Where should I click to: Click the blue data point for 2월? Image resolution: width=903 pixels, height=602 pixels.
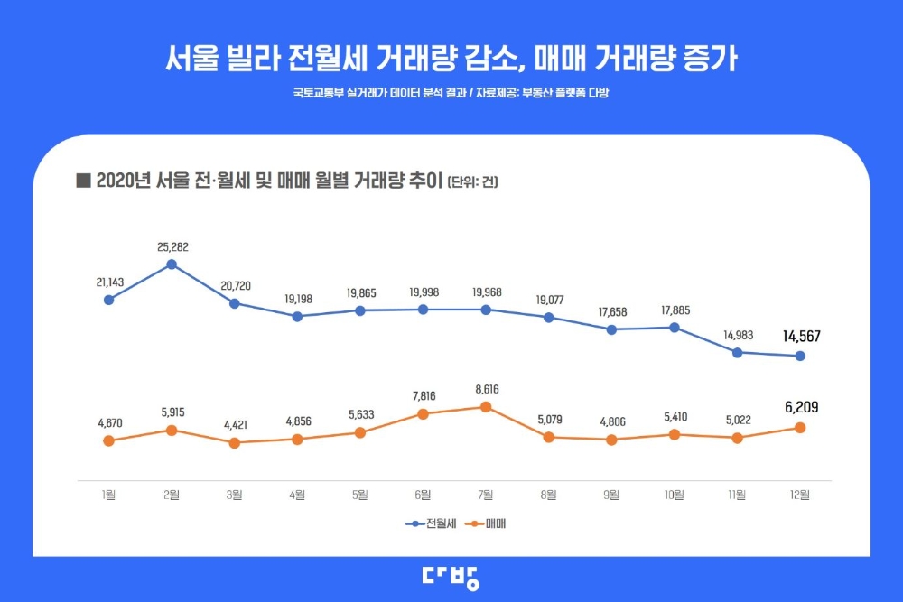[x=172, y=264]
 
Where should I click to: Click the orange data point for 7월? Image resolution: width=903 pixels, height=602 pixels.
[x=486, y=407]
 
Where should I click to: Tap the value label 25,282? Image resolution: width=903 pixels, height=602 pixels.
[x=172, y=246]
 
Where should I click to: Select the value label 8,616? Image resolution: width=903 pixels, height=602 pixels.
[x=486, y=389]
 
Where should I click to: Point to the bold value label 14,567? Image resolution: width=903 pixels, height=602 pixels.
[x=801, y=337]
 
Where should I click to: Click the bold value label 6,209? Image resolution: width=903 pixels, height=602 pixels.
[x=800, y=408]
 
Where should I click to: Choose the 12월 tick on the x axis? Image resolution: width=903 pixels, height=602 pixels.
[x=800, y=494]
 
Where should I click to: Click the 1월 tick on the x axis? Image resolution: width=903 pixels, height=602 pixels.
[x=108, y=494]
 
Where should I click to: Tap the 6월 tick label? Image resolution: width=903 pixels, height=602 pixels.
[x=423, y=494]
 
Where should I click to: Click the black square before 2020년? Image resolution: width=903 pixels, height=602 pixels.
[x=84, y=181]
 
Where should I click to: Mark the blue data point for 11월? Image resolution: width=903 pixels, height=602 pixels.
[x=738, y=352]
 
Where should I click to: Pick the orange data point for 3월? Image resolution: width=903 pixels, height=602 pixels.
[x=234, y=443]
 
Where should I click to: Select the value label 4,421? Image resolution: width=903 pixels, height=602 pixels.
[x=234, y=424]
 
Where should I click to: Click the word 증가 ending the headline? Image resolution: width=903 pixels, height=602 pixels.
[x=712, y=60]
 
